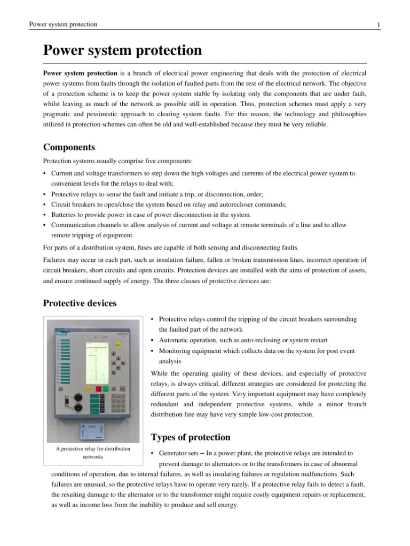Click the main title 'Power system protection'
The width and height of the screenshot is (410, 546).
click(122, 51)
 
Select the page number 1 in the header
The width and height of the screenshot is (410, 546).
click(379, 25)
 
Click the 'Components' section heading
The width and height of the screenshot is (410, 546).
click(69, 147)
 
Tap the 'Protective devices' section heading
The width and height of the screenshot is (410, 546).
click(80, 303)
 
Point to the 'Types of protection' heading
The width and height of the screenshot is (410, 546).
click(191, 437)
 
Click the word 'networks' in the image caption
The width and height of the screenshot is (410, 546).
click(93, 457)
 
